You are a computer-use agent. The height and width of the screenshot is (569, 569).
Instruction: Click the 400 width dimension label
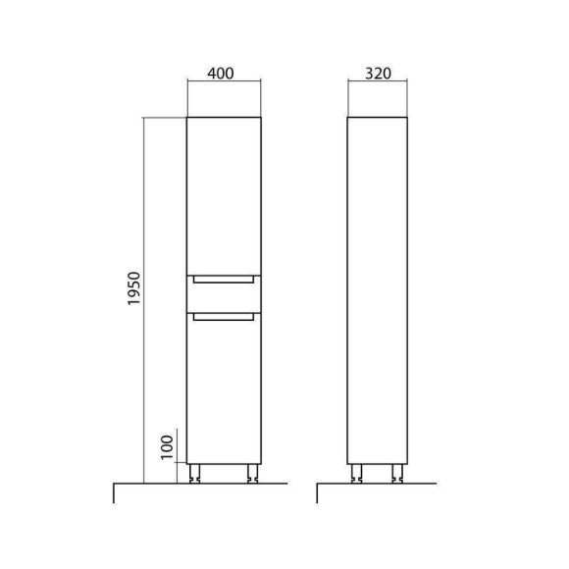tap(221, 74)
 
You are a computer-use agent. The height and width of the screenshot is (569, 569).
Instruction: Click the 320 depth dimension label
tap(378, 74)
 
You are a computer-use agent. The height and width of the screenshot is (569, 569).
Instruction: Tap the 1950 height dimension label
tap(133, 288)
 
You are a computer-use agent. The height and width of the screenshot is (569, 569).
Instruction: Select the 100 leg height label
tap(167, 447)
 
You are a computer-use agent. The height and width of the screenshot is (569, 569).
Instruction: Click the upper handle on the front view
tap(224, 279)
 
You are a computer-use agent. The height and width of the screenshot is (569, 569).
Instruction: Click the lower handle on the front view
tap(224, 317)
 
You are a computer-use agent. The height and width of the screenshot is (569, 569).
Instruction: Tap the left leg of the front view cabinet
tap(194, 474)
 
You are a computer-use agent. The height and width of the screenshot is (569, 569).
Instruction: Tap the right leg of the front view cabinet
tap(252, 474)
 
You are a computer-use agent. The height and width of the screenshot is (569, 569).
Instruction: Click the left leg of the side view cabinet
tap(357, 474)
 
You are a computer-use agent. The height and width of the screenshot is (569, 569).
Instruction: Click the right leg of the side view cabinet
tap(397, 474)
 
